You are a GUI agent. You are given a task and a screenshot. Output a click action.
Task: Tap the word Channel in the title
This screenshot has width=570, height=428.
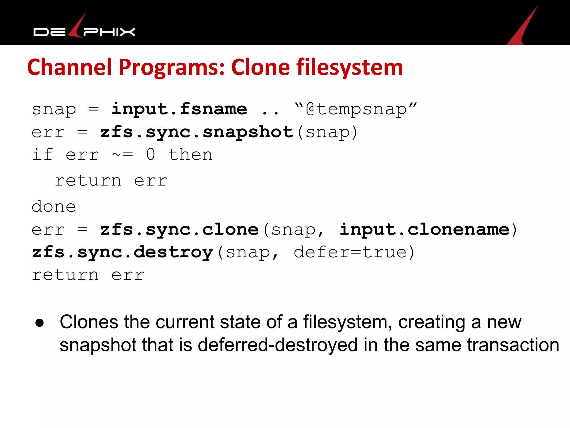click(69, 67)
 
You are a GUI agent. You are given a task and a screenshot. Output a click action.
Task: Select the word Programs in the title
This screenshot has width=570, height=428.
click(171, 67)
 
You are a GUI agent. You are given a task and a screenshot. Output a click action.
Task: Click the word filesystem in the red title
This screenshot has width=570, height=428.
click(349, 67)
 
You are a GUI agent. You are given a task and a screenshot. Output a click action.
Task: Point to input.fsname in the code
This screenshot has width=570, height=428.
click(179, 109)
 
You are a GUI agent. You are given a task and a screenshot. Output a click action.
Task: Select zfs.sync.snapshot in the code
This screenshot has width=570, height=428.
click(197, 132)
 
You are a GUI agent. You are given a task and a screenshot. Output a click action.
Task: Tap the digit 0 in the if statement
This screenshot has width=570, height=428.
click(151, 155)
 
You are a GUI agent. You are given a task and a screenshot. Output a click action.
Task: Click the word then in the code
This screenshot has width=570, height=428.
click(191, 155)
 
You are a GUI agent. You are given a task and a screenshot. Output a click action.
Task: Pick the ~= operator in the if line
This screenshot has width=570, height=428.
click(122, 155)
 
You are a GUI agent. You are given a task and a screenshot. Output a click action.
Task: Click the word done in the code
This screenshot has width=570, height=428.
click(54, 207)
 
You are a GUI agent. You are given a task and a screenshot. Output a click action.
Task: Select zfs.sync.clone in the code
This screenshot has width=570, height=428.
click(180, 230)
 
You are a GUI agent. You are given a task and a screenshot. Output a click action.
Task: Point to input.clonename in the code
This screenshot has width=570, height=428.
click(424, 230)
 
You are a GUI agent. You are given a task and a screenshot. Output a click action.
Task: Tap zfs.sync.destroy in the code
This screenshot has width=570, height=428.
click(122, 252)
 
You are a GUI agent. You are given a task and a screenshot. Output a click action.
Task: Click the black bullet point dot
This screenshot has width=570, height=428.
click(40, 323)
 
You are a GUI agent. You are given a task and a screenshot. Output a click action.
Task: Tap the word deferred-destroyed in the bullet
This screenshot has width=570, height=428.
click(277, 345)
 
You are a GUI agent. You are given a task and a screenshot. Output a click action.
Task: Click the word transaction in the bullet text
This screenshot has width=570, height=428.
click(513, 345)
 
